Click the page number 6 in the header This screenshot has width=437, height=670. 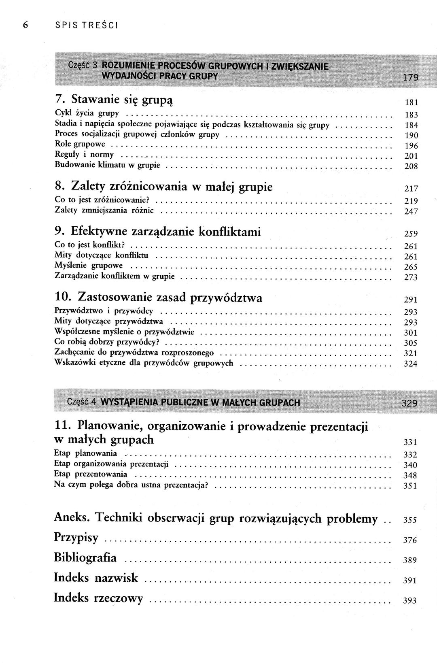(x=25, y=25)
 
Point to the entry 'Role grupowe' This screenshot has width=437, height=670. (x=80, y=144)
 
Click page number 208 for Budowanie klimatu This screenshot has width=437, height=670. (x=411, y=166)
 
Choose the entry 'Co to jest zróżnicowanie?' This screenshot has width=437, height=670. (x=102, y=200)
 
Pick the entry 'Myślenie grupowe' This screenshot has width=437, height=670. (x=88, y=266)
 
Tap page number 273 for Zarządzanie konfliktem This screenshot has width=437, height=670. (x=411, y=277)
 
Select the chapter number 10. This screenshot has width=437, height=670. (x=63, y=298)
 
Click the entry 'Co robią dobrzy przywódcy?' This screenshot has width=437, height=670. (x=106, y=342)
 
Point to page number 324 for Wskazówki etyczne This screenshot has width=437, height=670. (x=411, y=364)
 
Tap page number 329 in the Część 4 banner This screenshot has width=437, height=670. (x=409, y=403)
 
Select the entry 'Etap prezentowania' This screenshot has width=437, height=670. (x=90, y=474)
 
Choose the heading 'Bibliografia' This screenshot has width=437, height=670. (x=85, y=558)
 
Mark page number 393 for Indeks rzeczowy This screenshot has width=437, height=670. (x=410, y=601)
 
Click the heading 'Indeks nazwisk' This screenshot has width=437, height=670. (x=96, y=578)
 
